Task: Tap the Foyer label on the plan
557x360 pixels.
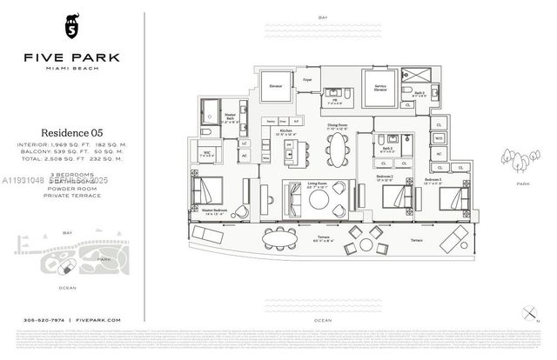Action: [307, 79]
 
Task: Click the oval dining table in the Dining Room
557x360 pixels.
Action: [337, 153]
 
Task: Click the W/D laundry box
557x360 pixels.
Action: [438, 137]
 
